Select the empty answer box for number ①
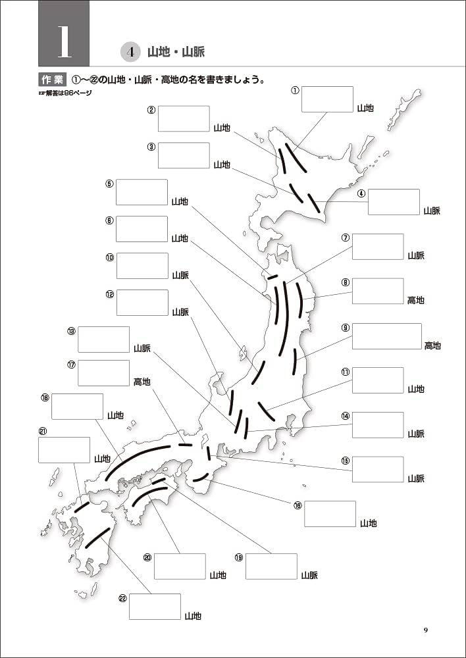tap(327, 99)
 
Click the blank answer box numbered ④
tap(394, 202)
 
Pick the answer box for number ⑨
tap(386, 336)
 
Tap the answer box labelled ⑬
tap(103, 340)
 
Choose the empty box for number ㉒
tap(155, 607)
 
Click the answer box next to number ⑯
tap(330, 514)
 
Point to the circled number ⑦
tap(345, 238)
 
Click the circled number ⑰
tap(71, 364)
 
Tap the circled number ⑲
tap(238, 557)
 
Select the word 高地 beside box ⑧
tap(415, 300)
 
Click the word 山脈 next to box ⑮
tap(415, 478)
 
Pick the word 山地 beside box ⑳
tap(218, 575)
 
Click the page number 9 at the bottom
tap(426, 630)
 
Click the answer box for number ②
tap(184, 118)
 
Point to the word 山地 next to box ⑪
tap(415, 390)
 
